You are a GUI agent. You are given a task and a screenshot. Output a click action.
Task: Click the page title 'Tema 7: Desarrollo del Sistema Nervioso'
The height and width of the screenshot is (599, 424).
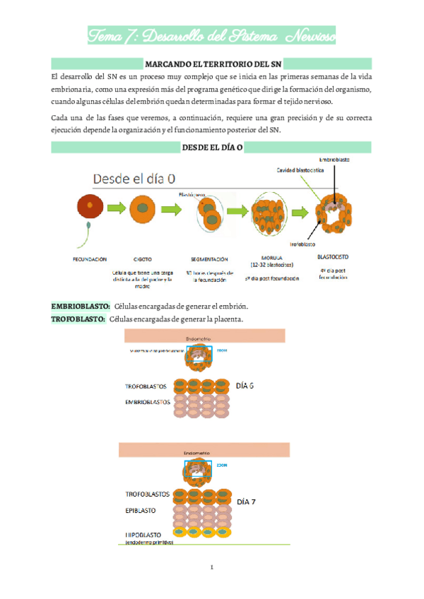point(211,34)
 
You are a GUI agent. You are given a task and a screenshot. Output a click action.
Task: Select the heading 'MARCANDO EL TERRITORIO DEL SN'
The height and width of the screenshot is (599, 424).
point(211,64)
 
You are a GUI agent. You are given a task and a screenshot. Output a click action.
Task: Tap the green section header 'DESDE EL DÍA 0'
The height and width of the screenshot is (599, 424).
point(211,146)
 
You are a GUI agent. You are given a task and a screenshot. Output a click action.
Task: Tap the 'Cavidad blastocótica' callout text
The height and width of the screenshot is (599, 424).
point(300,170)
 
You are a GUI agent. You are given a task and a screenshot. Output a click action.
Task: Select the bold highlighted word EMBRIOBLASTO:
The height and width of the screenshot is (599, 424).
point(81,305)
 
